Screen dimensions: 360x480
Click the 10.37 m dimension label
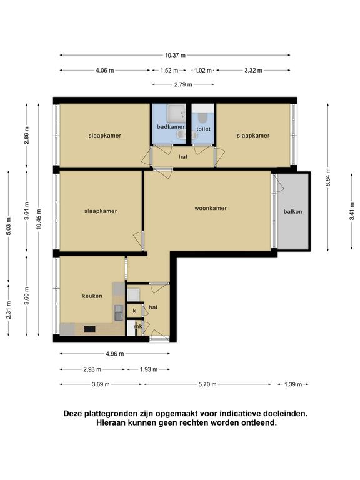coord(175,56)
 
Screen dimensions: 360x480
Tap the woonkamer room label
coord(211,209)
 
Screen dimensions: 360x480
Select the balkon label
coord(293,211)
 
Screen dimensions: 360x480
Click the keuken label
coord(92,296)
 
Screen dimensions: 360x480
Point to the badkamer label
coord(171,127)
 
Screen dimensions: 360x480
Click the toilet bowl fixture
coord(202,118)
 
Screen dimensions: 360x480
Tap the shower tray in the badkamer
coord(176,112)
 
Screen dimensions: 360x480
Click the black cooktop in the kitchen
coord(90,329)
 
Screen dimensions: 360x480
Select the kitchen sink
coord(119,312)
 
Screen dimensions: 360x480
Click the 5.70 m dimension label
coord(207,384)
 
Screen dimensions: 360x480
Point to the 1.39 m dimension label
coord(293,384)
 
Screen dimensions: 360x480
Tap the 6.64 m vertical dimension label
coord(328,177)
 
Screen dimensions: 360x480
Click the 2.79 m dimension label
coord(183,84)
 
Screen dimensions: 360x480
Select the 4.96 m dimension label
coord(115,354)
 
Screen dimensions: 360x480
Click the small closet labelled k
coord(134,311)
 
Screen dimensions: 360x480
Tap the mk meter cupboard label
coord(138,327)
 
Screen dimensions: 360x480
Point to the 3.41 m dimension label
coord(352,211)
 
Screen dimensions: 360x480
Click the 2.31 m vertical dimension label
coord(9,310)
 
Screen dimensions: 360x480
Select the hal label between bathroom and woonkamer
coord(183,157)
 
